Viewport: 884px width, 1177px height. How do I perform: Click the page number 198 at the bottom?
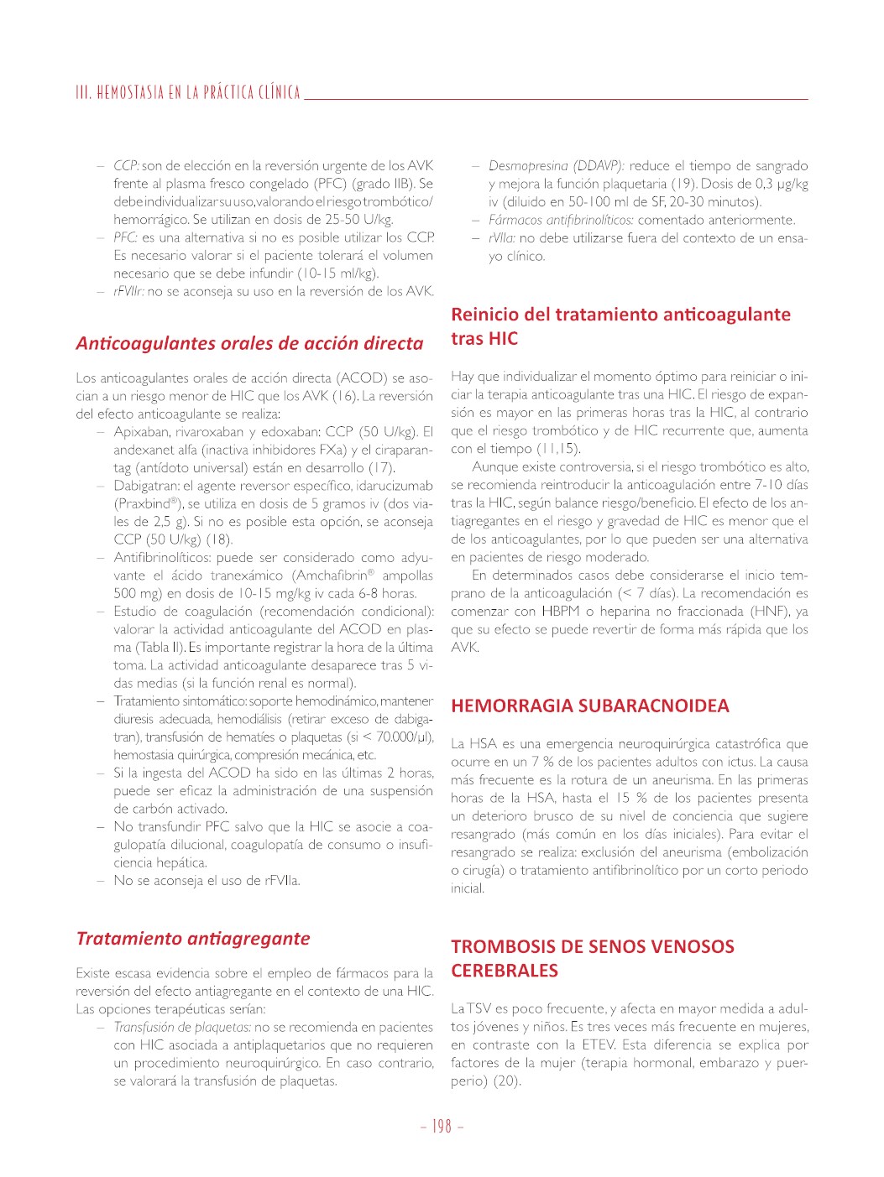442,1127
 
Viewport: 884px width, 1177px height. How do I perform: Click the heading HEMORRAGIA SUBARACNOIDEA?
589,706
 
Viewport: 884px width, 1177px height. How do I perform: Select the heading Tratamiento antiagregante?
193,939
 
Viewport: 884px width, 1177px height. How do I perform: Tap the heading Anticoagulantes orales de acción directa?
249,343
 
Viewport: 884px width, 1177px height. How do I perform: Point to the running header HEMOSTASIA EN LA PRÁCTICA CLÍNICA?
188,92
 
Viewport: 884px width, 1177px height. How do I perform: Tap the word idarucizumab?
393,486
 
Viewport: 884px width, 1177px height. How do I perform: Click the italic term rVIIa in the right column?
501,238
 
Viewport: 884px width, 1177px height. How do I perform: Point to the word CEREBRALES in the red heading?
504,971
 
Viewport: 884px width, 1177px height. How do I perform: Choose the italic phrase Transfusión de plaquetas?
182,1028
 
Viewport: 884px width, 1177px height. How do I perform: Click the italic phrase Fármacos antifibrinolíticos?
561,220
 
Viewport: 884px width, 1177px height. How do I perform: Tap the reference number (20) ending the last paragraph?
507,1081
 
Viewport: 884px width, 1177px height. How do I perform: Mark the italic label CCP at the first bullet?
125,166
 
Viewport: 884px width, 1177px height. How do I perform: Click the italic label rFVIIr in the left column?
128,292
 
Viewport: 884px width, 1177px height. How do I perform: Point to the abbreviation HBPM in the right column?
560,612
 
